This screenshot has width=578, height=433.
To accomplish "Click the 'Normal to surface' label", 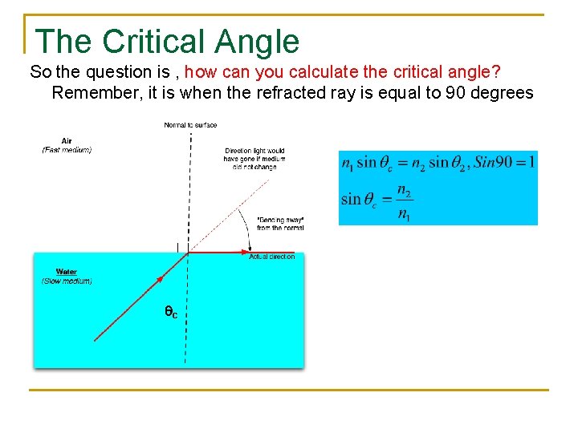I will [x=190, y=125].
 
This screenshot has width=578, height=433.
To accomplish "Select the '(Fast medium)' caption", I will [x=67, y=150].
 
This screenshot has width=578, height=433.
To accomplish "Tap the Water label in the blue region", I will [x=67, y=272].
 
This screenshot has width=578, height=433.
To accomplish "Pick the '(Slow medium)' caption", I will [x=67, y=281].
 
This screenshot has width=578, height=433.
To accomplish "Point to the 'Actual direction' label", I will [x=271, y=257].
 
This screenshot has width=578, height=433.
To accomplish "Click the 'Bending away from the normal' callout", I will [x=280, y=224].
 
